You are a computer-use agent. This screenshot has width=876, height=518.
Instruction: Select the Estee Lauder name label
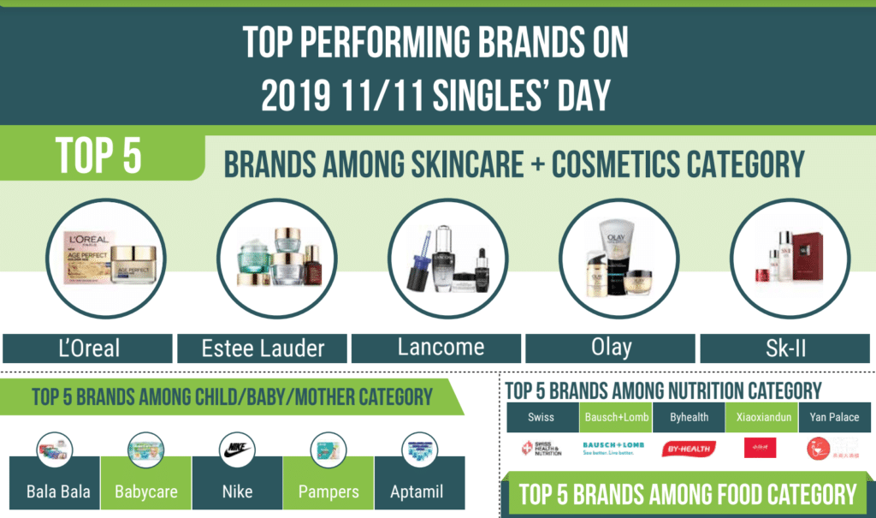(263, 348)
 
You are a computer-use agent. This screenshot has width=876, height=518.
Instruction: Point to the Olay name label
(612, 348)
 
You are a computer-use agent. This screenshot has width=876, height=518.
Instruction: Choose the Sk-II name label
(785, 348)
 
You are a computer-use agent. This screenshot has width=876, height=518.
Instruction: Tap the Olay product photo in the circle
(619, 261)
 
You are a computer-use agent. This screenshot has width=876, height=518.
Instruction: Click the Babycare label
(145, 493)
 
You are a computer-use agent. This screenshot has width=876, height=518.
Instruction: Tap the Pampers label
(328, 493)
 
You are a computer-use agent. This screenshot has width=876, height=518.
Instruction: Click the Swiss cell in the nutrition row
(541, 418)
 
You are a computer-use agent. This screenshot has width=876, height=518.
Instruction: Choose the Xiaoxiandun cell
(761, 418)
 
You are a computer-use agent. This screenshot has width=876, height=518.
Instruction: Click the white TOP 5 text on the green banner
(99, 154)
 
